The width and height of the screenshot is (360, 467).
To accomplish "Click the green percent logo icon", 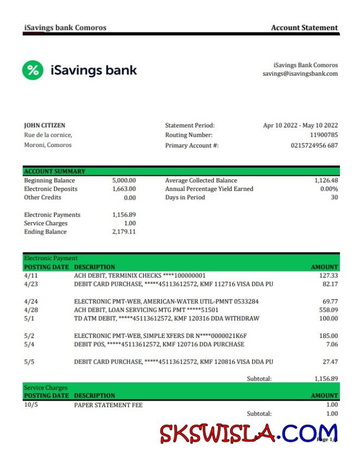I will [x=33, y=70].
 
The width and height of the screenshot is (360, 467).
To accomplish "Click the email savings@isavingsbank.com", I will [x=300, y=73].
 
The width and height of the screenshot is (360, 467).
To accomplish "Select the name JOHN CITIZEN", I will [x=45, y=125].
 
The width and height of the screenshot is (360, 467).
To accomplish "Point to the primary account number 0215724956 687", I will [x=314, y=145].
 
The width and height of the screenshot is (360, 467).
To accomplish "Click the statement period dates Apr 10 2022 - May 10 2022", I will [x=300, y=125].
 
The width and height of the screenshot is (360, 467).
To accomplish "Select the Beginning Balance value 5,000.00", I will [x=124, y=181].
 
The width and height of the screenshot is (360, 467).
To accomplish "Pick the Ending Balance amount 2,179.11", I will [x=124, y=232].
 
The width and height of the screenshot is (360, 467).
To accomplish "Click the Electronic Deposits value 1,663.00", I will [x=124, y=189].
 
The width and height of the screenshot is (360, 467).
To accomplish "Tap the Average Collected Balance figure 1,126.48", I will [x=326, y=181].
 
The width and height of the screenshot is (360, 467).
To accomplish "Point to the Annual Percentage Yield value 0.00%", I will [x=328, y=189].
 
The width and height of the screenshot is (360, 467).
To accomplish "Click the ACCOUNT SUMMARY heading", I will [x=54, y=171].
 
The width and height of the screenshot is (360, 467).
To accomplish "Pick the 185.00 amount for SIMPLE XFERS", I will [x=328, y=336].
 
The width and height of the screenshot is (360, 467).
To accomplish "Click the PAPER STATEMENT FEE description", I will [x=108, y=405].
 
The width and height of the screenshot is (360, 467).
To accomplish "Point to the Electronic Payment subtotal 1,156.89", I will [x=326, y=378].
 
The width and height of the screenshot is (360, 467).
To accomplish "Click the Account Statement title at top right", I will [x=304, y=28].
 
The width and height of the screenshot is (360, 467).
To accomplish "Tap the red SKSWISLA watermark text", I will [x=218, y=433].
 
